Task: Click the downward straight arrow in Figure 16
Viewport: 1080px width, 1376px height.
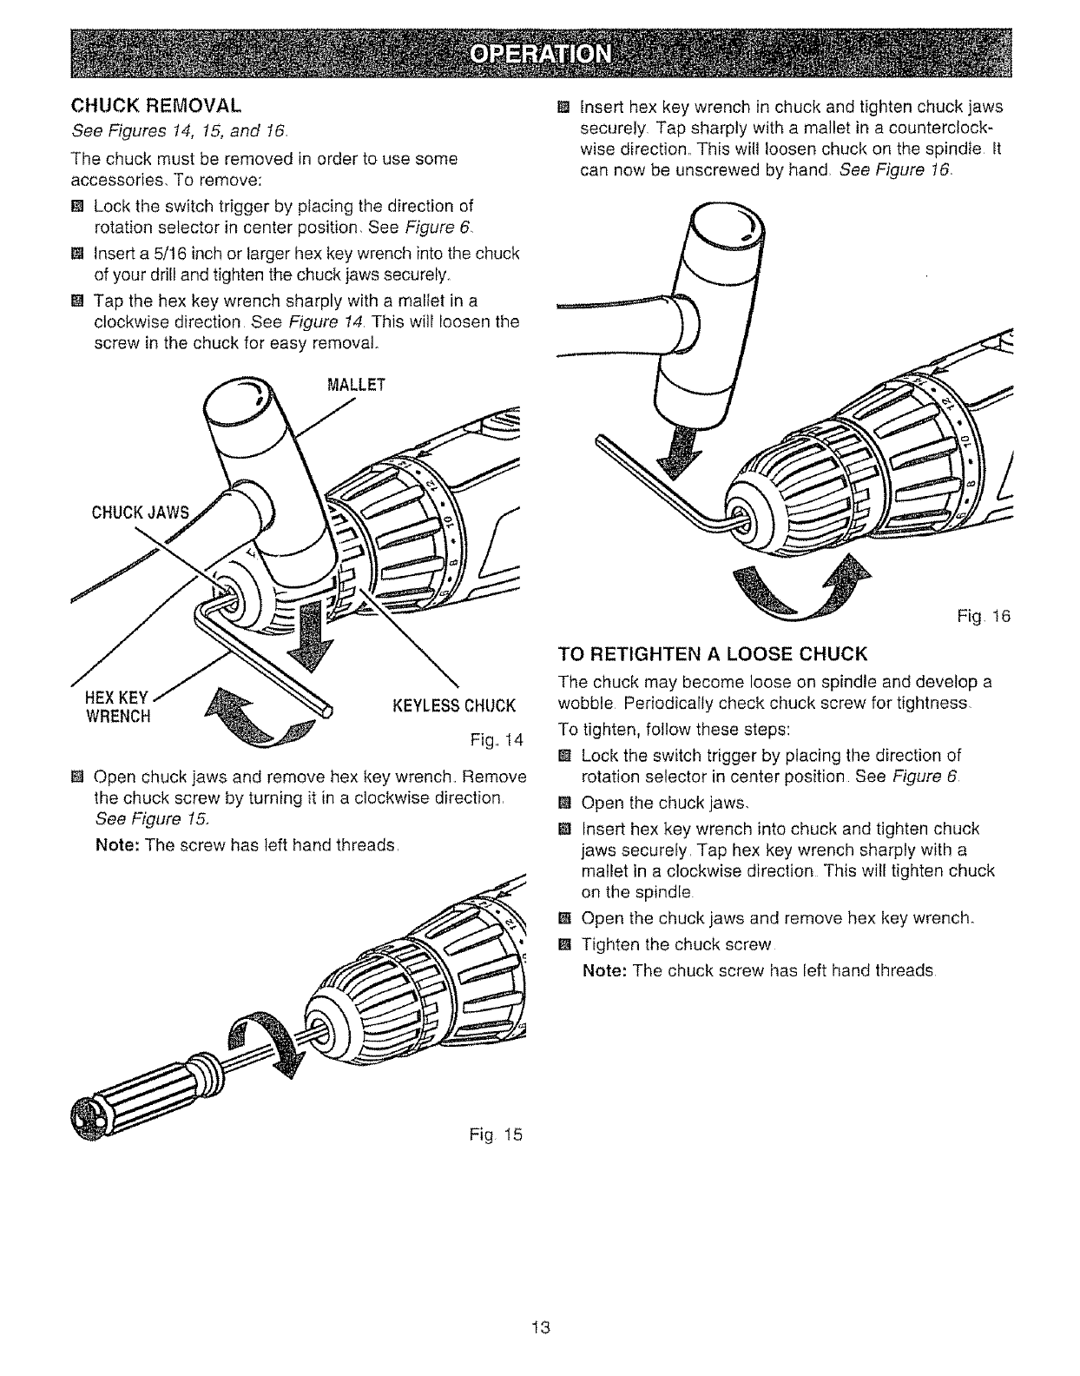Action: tap(684, 457)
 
